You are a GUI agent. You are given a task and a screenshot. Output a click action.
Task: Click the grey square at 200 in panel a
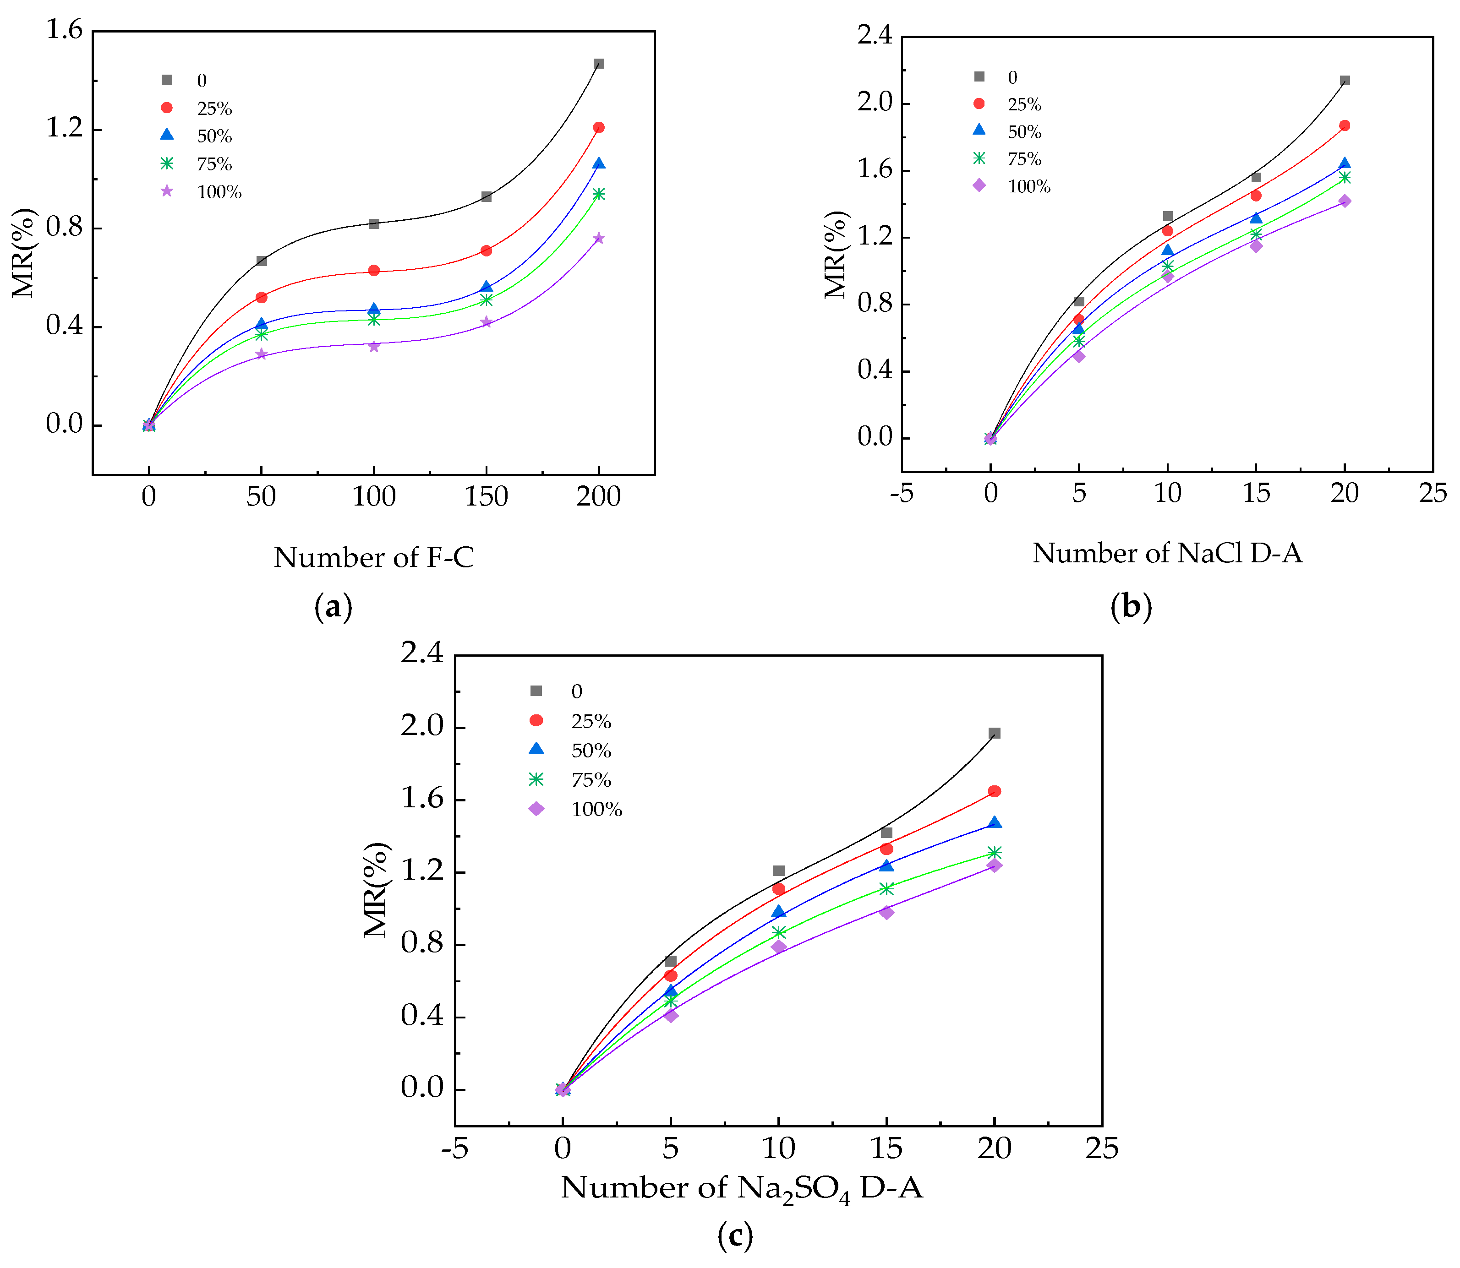click(599, 64)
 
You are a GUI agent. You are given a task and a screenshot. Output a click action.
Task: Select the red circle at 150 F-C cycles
click(486, 250)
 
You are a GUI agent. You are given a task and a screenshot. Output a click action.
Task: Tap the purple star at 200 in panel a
click(599, 239)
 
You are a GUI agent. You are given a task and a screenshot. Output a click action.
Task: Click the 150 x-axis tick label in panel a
click(486, 497)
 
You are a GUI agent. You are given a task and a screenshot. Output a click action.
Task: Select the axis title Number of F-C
click(374, 558)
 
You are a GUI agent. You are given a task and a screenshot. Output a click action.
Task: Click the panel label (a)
click(333, 607)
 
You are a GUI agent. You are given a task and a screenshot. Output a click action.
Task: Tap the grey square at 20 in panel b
click(1345, 81)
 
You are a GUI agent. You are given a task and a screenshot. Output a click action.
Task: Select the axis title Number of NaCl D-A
click(1167, 553)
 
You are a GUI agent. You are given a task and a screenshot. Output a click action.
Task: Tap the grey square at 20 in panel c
click(994, 733)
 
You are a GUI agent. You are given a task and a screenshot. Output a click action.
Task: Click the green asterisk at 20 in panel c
click(994, 853)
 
